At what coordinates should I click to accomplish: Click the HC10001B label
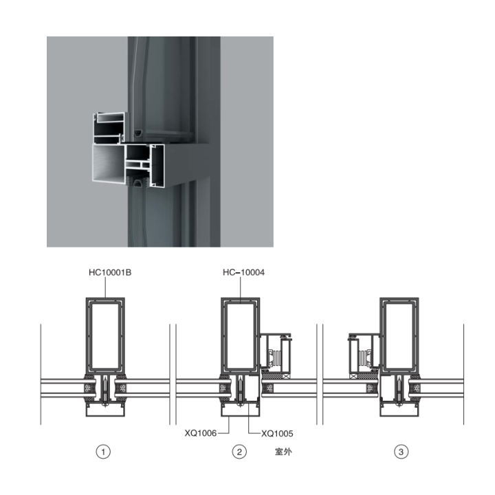click(110, 272)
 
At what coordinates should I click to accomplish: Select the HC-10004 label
click(243, 272)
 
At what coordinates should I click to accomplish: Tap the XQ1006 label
click(201, 433)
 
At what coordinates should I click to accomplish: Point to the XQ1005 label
click(277, 433)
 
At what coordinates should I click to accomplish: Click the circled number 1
click(103, 452)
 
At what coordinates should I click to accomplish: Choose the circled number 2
click(239, 452)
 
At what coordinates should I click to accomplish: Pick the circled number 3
click(401, 452)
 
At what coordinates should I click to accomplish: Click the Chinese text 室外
click(283, 452)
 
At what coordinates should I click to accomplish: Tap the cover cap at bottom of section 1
click(105, 410)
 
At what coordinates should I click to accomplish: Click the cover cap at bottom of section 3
click(399, 410)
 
